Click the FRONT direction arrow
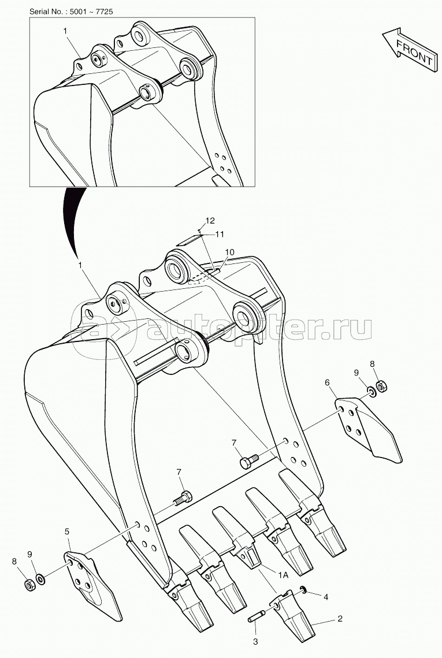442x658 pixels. coord(408,49)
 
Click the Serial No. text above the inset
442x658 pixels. coord(71,12)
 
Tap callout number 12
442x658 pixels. coord(210,220)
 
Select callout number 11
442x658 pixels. coord(220,235)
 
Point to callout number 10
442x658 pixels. coord(229,252)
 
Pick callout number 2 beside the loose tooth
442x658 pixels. coord(340,618)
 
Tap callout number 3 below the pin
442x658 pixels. coord(255,642)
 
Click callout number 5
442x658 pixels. coord(67,531)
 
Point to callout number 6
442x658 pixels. coord(327,382)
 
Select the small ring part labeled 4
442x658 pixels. coord(303,592)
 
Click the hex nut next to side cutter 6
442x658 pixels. coord(381,385)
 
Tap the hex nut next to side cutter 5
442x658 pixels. coord(29,583)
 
